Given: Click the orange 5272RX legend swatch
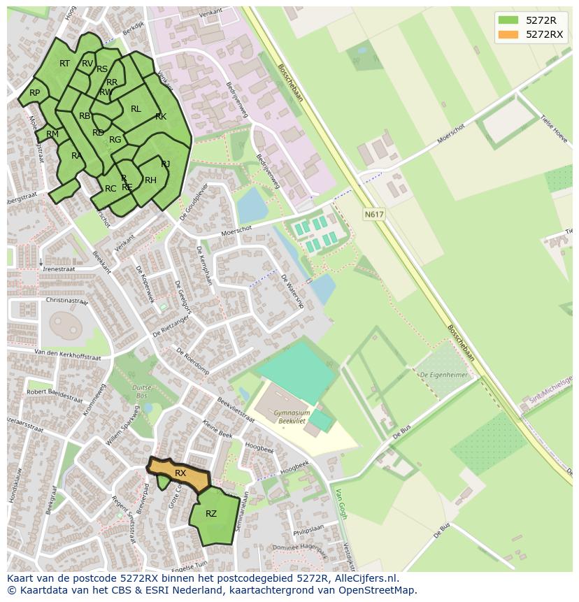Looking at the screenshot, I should (508, 34).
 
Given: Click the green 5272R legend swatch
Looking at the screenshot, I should (508, 20).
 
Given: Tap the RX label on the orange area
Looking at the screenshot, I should (180, 473).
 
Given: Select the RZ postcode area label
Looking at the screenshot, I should (211, 514).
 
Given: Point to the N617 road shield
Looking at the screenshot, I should (374, 215).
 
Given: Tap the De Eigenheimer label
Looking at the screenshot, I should (443, 375).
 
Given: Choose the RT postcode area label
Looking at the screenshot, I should (64, 64).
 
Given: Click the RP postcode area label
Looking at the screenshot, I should (34, 93).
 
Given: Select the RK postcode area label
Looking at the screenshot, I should (161, 117).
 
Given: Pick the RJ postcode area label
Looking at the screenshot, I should (166, 164).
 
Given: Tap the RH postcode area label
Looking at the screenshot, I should (150, 180).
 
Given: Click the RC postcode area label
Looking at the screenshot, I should (110, 189).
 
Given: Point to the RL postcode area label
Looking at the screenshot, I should (136, 109).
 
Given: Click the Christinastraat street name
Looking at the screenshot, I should (66, 301).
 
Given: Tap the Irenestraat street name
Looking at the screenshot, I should (58, 268).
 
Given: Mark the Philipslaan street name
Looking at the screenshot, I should (310, 531).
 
